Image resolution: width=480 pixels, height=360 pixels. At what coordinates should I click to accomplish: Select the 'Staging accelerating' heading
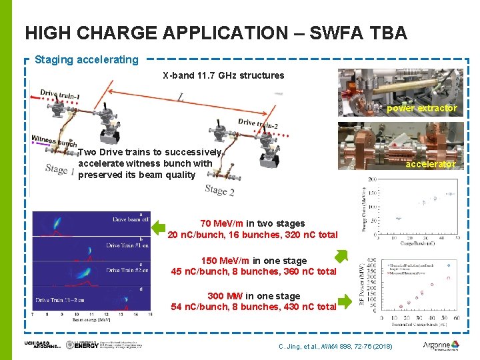[x=87, y=60]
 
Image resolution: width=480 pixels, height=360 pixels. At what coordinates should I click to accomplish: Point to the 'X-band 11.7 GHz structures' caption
[x=223, y=75]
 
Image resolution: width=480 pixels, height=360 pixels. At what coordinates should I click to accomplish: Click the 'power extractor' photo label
[x=422, y=108]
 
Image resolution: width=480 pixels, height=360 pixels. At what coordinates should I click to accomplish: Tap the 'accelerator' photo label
[x=431, y=164]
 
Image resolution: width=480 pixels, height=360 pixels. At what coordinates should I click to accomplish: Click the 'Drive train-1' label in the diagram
[x=60, y=95]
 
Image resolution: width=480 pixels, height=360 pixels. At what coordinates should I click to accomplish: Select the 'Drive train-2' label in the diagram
[x=258, y=124]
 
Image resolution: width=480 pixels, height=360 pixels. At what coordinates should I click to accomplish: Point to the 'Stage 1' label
[x=60, y=169]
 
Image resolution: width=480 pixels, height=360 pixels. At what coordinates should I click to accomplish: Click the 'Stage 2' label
[x=219, y=190]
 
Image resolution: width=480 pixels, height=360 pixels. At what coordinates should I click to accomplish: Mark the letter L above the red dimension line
[x=181, y=99]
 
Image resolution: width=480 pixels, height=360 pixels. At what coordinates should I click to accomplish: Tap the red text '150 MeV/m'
[x=218, y=261]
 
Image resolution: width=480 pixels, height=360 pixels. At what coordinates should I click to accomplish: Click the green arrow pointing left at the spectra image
[x=158, y=228]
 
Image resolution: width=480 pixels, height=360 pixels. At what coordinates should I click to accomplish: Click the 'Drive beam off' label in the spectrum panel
[x=131, y=219]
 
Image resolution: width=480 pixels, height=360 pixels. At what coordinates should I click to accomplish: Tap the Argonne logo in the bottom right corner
[x=441, y=345]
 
